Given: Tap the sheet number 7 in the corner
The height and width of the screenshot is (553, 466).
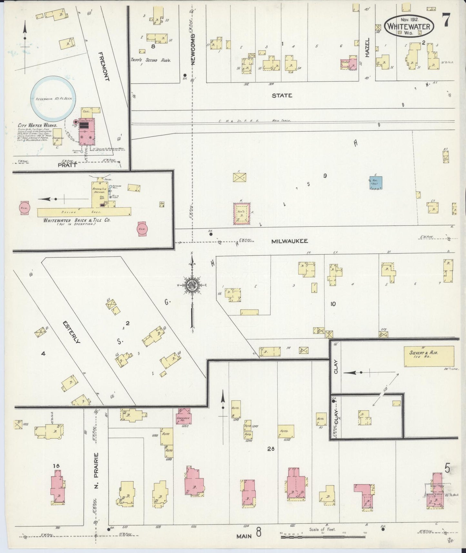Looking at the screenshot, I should [x=446, y=22].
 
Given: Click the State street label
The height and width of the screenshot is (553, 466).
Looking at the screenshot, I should [x=282, y=96].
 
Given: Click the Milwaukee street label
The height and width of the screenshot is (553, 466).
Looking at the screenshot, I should [x=289, y=241].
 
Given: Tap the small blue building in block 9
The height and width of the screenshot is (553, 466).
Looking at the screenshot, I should [x=376, y=183].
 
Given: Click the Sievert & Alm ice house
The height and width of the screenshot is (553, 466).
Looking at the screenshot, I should [x=429, y=357].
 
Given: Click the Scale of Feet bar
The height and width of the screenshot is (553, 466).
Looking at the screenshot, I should [x=322, y=536].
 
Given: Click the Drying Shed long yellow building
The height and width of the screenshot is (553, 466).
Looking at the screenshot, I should [x=84, y=212].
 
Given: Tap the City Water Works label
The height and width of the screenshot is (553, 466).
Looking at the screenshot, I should [x=38, y=125].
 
